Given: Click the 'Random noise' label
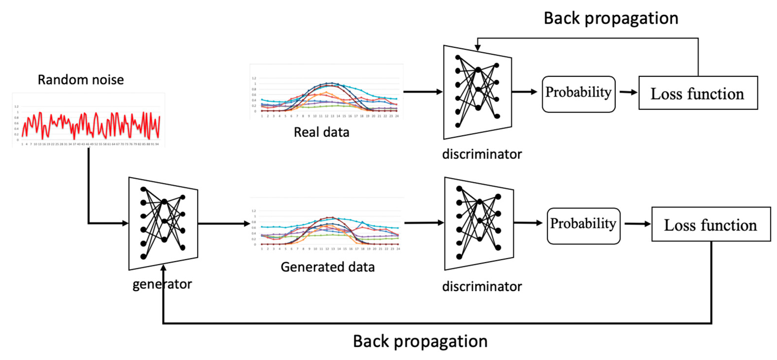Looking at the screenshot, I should click(x=81, y=80).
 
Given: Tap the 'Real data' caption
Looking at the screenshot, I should click(x=321, y=132).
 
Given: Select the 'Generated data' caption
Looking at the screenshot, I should click(x=328, y=267).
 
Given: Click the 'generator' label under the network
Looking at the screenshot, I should click(x=162, y=284).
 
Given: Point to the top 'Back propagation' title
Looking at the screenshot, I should click(x=611, y=18).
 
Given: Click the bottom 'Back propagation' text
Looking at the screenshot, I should click(x=420, y=341).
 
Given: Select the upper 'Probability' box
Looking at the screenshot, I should click(x=578, y=94).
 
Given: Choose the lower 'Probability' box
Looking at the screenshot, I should click(x=583, y=226).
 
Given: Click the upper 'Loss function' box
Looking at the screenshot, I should click(x=698, y=93).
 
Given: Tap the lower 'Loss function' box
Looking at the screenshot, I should click(x=711, y=224).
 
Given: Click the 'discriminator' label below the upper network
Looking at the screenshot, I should click(x=482, y=154).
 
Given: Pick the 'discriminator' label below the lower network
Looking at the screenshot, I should click(x=482, y=286).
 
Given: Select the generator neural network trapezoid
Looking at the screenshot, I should click(x=163, y=223).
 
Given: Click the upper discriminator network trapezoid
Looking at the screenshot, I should click(x=477, y=92).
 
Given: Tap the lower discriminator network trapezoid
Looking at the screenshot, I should click(x=479, y=223).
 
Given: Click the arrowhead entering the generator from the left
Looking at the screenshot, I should click(x=125, y=223).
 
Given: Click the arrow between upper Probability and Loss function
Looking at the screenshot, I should click(x=628, y=92).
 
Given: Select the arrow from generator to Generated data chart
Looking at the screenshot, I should click(x=223, y=224).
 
